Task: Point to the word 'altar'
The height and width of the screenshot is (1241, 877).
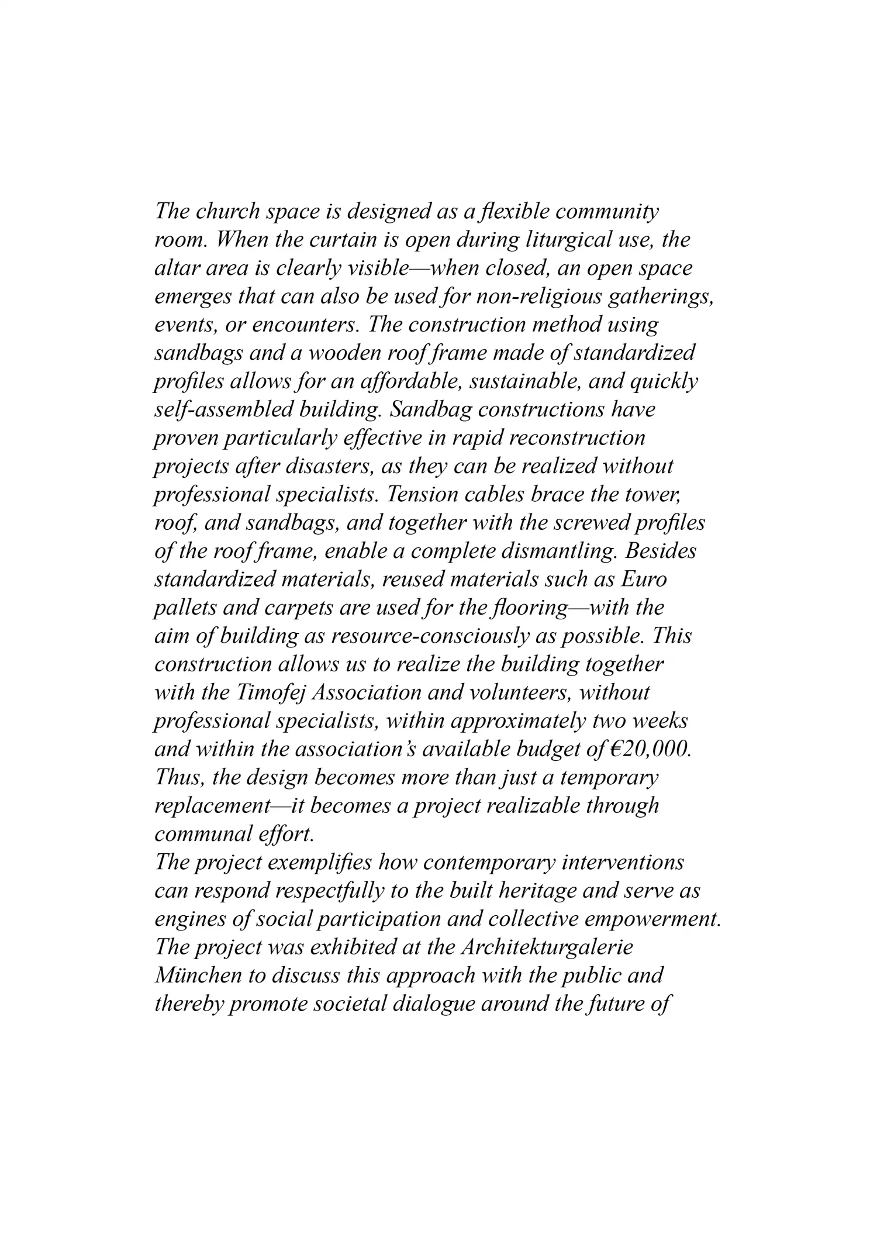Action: click(x=173, y=268)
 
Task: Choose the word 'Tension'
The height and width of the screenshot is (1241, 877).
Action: click(x=423, y=495)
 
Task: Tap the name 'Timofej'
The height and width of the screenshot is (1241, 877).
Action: click(x=271, y=693)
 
